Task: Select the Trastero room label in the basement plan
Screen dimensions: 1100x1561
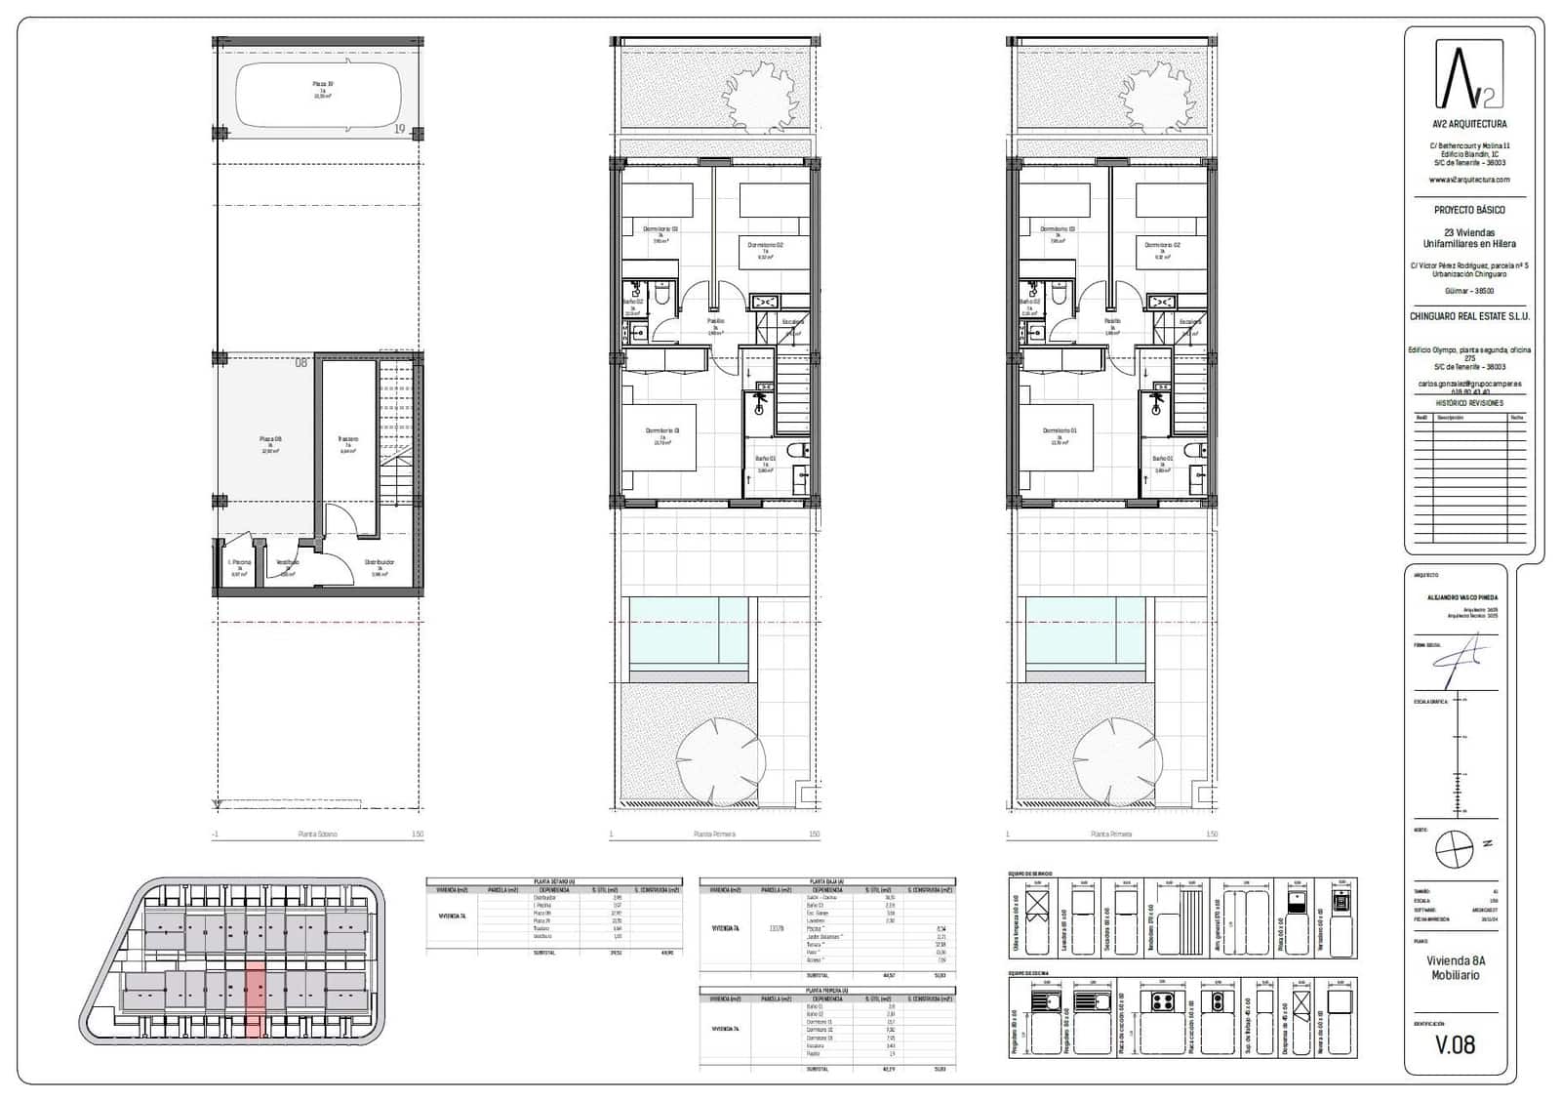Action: click(348, 440)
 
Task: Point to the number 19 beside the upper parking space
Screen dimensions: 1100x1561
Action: click(400, 129)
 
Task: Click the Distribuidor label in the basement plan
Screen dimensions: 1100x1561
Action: click(380, 563)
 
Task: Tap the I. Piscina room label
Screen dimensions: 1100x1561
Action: click(239, 563)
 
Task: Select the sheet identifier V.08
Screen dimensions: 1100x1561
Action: click(1455, 1045)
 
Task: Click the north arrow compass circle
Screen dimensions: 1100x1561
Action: click(1454, 847)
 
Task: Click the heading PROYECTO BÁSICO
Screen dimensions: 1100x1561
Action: click(1469, 210)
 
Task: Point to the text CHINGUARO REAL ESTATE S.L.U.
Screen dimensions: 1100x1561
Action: click(1469, 316)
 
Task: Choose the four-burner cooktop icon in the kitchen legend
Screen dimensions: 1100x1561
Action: click(1162, 1002)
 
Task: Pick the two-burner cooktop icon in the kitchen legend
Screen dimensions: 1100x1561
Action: click(1218, 1002)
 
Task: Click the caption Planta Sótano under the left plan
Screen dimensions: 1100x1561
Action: click(318, 835)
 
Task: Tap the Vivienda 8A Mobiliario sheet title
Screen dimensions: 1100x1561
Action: click(1456, 968)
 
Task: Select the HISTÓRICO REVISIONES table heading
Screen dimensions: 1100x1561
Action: click(1469, 403)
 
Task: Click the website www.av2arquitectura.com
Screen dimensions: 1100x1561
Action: click(1469, 180)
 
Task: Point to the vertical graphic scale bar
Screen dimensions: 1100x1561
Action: click(1461, 752)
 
